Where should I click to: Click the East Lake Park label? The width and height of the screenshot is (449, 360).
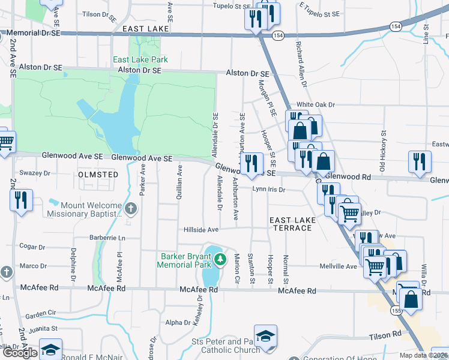(x=140, y=59)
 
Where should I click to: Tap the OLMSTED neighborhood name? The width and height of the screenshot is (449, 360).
(x=98, y=174)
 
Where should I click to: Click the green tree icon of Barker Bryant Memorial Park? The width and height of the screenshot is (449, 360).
(x=221, y=259)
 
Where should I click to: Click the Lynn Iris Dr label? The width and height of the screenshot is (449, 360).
(x=268, y=189)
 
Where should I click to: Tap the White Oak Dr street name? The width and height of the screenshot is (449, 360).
(x=315, y=104)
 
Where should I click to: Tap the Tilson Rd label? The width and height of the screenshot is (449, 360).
(x=385, y=335)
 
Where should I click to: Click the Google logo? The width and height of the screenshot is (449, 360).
(x=19, y=353)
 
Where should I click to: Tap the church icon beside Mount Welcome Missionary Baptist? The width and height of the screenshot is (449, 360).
(x=131, y=209)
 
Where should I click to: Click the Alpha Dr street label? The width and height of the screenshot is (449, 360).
(x=178, y=323)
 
